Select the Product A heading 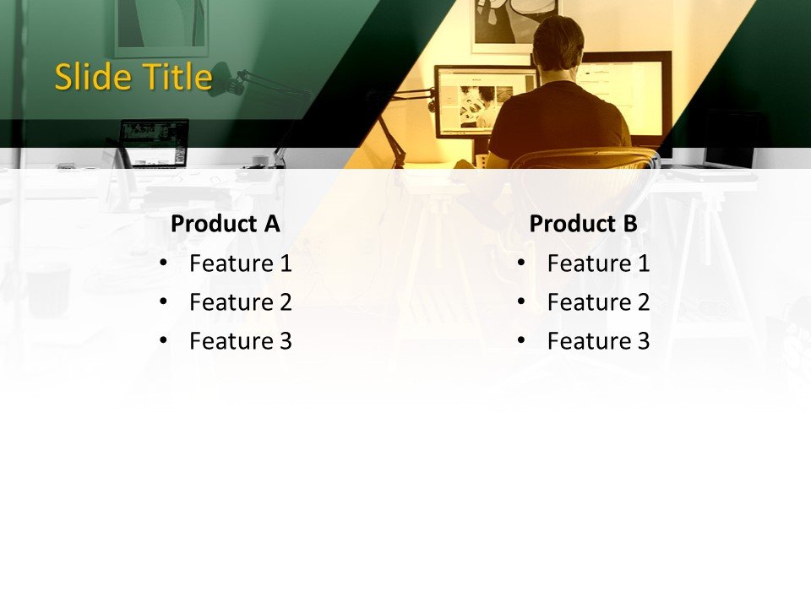(225, 224)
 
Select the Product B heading (583, 224)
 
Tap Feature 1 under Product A (240, 263)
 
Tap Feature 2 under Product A (240, 302)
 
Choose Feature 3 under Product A (240, 341)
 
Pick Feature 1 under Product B (598, 263)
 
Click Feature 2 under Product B (598, 302)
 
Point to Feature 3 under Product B (598, 341)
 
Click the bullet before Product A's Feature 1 (163, 263)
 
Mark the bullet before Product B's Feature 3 (521, 341)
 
